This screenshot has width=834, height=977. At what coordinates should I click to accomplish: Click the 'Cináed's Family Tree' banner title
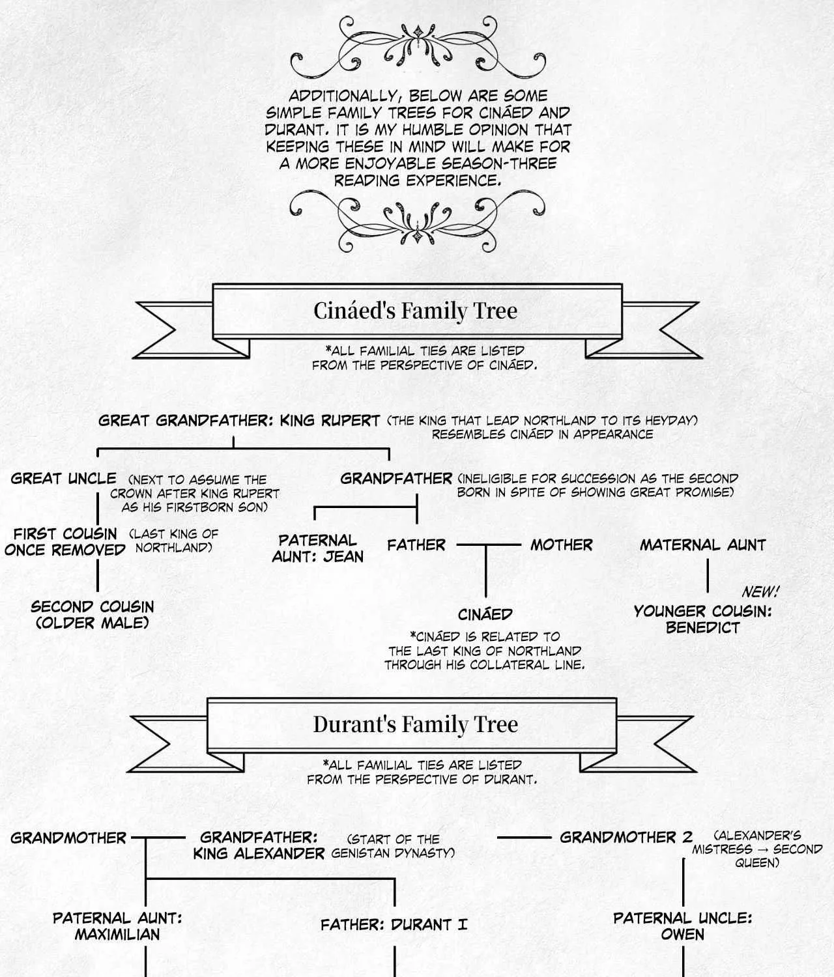(x=415, y=311)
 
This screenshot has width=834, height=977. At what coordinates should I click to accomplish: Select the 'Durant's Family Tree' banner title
(x=415, y=724)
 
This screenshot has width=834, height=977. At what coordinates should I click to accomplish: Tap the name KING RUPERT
(x=330, y=420)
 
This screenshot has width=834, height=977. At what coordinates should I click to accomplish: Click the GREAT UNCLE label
(x=63, y=478)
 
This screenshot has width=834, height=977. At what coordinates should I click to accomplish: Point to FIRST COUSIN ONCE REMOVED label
(x=65, y=542)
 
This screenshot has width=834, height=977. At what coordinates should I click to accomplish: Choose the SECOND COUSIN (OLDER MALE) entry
(x=92, y=615)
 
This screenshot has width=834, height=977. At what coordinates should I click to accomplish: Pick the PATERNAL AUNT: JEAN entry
(x=318, y=548)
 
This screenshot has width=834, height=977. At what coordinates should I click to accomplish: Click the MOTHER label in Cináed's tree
(x=561, y=545)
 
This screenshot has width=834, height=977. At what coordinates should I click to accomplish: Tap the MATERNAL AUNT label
(x=702, y=545)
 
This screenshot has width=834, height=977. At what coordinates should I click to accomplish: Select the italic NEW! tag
(x=760, y=592)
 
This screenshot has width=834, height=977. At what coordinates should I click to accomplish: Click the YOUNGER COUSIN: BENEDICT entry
(x=702, y=619)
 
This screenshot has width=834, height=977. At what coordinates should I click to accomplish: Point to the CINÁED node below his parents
(x=485, y=614)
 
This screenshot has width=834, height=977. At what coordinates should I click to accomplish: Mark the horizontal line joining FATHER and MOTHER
(x=489, y=545)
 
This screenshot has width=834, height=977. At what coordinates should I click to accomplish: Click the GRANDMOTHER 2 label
(x=626, y=838)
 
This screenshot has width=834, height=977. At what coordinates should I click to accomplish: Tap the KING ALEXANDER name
(x=259, y=854)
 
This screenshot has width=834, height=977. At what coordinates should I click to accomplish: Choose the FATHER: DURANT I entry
(x=394, y=924)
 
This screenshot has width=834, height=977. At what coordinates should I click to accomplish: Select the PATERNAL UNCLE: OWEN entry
(x=683, y=926)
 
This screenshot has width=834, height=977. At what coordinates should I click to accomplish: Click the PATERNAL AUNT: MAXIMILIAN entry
(x=117, y=926)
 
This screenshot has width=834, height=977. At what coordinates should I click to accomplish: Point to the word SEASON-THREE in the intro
(x=499, y=163)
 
